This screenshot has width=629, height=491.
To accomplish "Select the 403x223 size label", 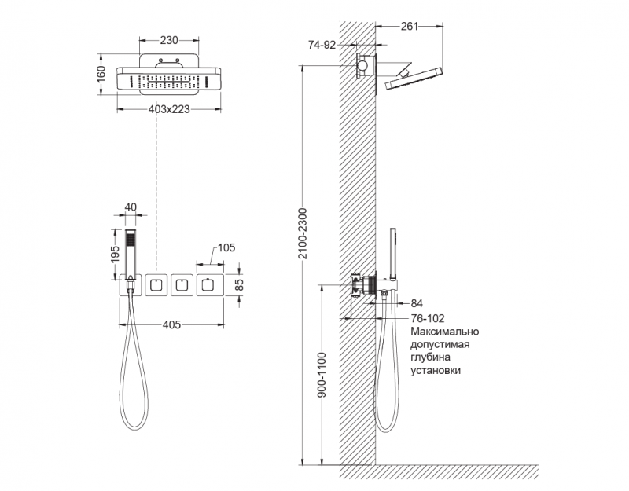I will (x=169, y=110).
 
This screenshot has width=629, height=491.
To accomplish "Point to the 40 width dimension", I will (x=131, y=207).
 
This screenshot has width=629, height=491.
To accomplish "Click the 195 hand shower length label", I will (x=115, y=255).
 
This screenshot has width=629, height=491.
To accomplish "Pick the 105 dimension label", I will (x=226, y=247).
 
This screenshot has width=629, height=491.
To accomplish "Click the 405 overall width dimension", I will (x=171, y=324).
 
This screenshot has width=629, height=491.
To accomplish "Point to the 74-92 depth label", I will (x=322, y=46).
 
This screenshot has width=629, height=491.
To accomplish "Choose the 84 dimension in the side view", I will (x=417, y=302).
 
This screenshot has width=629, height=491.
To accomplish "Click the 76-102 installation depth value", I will (x=428, y=318).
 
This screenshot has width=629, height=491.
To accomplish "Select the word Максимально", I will (x=443, y=332).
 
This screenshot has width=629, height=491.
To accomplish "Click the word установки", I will (x=435, y=370).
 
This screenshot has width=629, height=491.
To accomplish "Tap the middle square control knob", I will (x=182, y=284).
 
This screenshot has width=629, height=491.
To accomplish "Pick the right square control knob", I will (x=208, y=284).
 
